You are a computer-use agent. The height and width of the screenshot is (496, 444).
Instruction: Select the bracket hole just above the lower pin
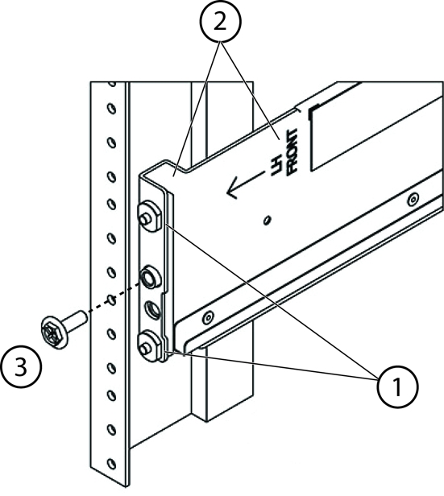tap(151, 309)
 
